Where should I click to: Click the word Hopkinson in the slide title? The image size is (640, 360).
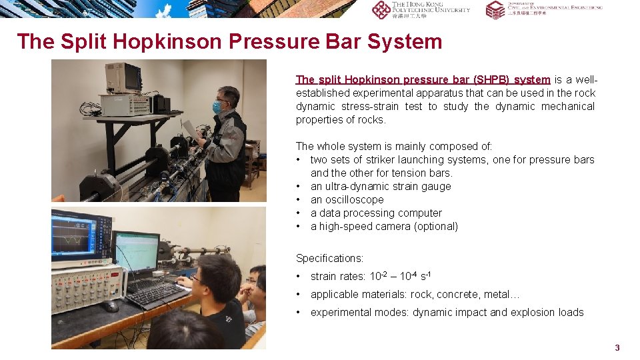pos(168,41)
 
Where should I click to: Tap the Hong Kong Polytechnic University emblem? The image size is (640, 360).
pos(381,9)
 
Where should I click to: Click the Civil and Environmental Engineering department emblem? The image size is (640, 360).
pos(495,9)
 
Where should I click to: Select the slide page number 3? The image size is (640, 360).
pos(617,347)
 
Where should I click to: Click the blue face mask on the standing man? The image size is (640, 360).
pos(217,107)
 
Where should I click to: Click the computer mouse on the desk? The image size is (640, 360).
pos(109,306)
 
